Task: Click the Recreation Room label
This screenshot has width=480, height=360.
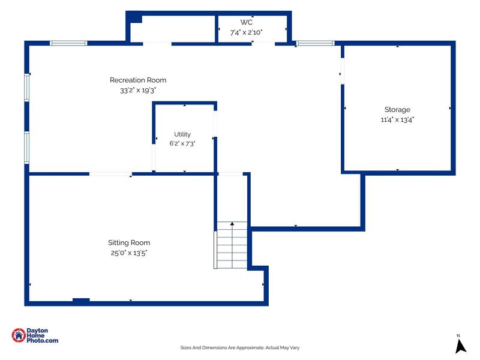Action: pyautogui.click(x=138, y=80)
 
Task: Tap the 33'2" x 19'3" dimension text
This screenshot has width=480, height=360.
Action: pyautogui.click(x=138, y=91)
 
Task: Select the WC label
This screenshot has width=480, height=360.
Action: pyautogui.click(x=247, y=22)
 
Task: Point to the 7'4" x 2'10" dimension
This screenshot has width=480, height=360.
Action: pyautogui.click(x=247, y=32)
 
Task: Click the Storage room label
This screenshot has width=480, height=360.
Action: pyautogui.click(x=397, y=110)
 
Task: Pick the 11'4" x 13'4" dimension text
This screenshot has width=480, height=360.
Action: pyautogui.click(x=397, y=119)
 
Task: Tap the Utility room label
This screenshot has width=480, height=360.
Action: pyautogui.click(x=182, y=134)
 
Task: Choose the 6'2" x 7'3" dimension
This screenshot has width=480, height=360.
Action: pyautogui.click(x=182, y=143)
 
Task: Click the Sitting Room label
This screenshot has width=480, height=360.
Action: pyautogui.click(x=129, y=243)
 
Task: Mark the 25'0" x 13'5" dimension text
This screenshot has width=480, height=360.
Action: pyautogui.click(x=129, y=253)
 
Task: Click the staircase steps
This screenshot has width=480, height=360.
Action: pyautogui.click(x=232, y=245)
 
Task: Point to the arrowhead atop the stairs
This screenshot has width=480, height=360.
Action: pyautogui.click(x=232, y=224)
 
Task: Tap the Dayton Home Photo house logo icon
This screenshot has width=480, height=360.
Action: pyautogui.click(x=19, y=335)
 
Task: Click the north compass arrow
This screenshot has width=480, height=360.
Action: pyautogui.click(x=460, y=347)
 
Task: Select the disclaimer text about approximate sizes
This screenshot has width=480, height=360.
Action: pyautogui.click(x=239, y=348)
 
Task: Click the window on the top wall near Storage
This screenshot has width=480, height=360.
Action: pyautogui.click(x=316, y=43)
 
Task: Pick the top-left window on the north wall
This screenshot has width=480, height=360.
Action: pyautogui.click(x=68, y=43)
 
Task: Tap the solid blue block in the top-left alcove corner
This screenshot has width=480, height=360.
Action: pyautogui.click(x=134, y=17)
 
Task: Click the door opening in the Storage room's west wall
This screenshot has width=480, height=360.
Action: pyautogui.click(x=343, y=71)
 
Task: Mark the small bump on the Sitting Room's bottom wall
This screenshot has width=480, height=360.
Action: pyautogui.click(x=81, y=300)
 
